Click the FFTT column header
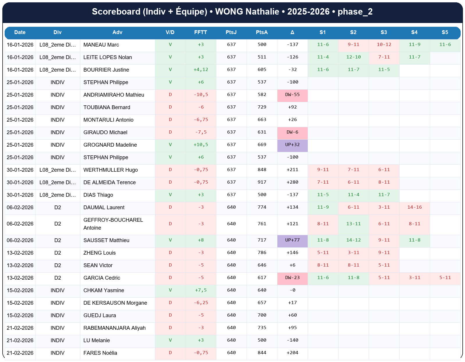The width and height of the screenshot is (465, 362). click(201, 32)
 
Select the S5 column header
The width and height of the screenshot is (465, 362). click(445, 32)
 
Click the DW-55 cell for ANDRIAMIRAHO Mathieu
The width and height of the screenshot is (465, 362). click(292, 95)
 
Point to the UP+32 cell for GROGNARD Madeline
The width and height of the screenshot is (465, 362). click(292, 145)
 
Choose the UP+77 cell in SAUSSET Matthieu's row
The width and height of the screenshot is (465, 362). click(292, 240)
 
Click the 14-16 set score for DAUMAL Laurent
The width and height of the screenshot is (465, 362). click(414, 207)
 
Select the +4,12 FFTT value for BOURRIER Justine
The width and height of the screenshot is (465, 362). click(201, 70)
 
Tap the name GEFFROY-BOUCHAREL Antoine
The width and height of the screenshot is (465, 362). click(113, 224)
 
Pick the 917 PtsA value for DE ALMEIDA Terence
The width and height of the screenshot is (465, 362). click(262, 182)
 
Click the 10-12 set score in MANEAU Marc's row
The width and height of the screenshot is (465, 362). click(384, 45)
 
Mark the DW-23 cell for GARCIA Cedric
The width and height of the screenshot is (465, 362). click(292, 278)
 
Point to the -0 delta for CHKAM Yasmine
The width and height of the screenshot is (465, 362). click(292, 290)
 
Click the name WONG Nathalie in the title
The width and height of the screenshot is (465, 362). click(247, 12)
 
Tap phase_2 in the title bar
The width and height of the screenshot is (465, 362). click(355, 12)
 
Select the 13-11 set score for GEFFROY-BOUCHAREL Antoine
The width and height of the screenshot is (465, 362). click(353, 224)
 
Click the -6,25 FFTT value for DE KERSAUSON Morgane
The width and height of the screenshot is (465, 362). click(201, 303)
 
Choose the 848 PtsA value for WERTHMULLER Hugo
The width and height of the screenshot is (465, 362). click(262, 170)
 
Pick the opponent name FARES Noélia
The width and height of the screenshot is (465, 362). click(100, 353)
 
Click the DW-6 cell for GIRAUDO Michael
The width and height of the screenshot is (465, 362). click(292, 132)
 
